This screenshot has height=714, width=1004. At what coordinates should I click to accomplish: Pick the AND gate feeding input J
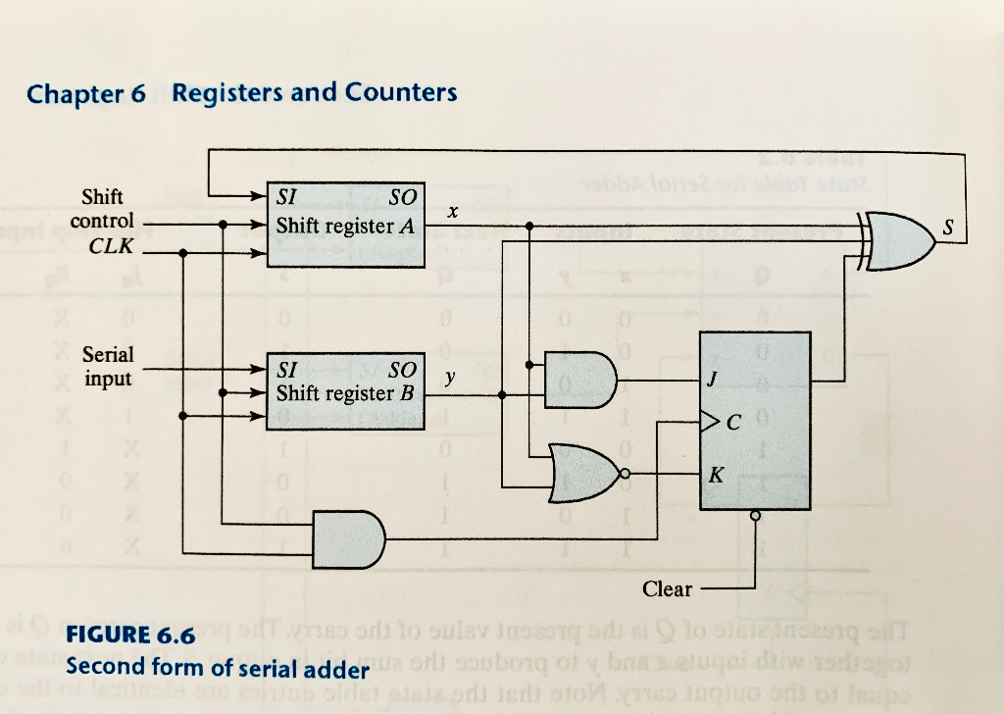579,381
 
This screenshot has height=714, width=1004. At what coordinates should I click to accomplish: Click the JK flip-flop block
754,421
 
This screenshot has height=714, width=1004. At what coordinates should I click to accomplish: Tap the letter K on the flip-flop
717,475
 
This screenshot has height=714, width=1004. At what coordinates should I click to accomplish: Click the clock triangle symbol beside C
708,424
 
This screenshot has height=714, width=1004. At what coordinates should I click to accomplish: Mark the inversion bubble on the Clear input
755,514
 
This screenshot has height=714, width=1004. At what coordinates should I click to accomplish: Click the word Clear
667,589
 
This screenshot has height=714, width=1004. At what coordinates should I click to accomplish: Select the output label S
946,228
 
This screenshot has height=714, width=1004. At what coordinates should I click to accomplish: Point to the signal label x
451,211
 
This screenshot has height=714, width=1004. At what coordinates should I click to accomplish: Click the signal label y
450,377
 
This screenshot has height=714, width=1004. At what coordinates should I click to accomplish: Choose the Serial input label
108,365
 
